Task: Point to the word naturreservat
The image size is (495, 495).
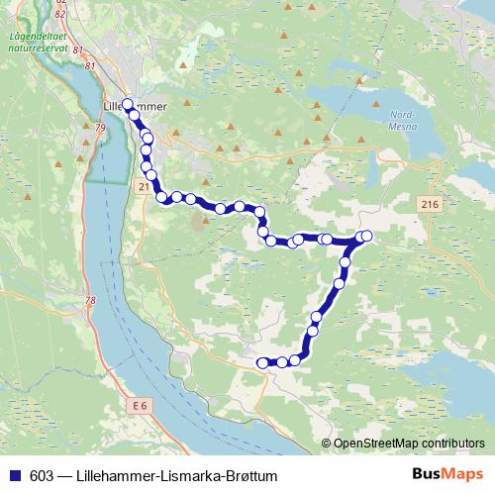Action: [x=38, y=47]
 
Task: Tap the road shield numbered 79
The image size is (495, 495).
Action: [x=100, y=128]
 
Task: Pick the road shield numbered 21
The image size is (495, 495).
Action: [x=145, y=186]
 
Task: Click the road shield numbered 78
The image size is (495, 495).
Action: [x=91, y=301]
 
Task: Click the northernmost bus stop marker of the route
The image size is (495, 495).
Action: [x=127, y=103]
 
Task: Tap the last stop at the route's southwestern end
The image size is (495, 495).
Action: [x=262, y=363]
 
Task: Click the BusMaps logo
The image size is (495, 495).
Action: [x=443, y=474]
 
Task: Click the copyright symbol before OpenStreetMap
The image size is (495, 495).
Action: [x=327, y=444]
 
